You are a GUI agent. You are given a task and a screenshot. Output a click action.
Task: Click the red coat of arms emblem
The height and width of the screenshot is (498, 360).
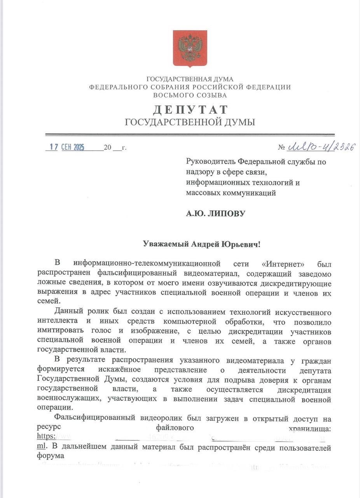pos(190,49)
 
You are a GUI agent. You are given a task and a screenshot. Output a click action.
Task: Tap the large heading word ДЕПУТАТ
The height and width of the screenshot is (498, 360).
pos(190,110)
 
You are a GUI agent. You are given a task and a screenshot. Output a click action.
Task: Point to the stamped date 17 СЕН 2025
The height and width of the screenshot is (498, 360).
pos(67,147)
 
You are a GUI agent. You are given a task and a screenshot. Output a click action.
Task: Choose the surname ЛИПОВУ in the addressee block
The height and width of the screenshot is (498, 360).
pos(227,213)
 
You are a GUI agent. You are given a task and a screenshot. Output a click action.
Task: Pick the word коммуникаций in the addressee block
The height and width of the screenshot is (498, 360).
pos(252,193)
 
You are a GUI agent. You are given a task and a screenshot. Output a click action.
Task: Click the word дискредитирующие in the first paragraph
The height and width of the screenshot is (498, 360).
pos(297,281)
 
